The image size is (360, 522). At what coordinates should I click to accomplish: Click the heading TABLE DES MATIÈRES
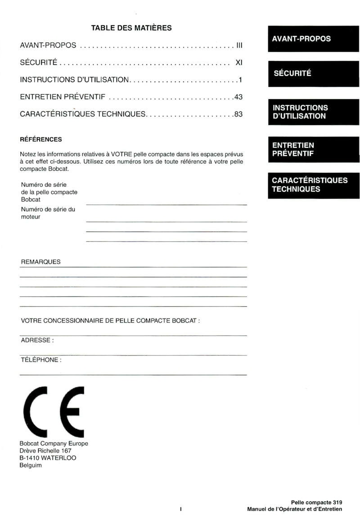131,28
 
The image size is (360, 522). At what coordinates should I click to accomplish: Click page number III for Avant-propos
239,45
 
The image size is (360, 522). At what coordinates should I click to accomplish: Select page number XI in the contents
239,63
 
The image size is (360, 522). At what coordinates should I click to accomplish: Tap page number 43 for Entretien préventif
238,97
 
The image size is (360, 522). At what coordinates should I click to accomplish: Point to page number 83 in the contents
238,114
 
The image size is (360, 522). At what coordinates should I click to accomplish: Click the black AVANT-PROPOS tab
314,39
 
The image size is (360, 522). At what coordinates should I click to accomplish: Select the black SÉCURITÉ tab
314,73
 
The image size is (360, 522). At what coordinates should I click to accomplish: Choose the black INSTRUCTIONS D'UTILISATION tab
314,112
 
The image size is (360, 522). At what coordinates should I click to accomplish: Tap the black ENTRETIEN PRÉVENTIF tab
314,149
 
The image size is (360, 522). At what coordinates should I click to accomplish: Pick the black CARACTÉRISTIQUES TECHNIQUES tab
314,185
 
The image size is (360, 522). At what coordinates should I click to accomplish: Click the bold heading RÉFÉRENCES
41,139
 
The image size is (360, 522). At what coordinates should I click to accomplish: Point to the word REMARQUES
40,262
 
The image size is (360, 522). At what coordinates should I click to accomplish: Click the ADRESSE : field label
37,340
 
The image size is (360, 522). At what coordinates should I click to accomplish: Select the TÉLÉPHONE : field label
41,360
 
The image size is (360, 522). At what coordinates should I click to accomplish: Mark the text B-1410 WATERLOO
48,458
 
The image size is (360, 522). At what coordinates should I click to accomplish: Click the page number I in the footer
180,509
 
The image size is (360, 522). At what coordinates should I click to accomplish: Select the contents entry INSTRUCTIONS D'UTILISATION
75,80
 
